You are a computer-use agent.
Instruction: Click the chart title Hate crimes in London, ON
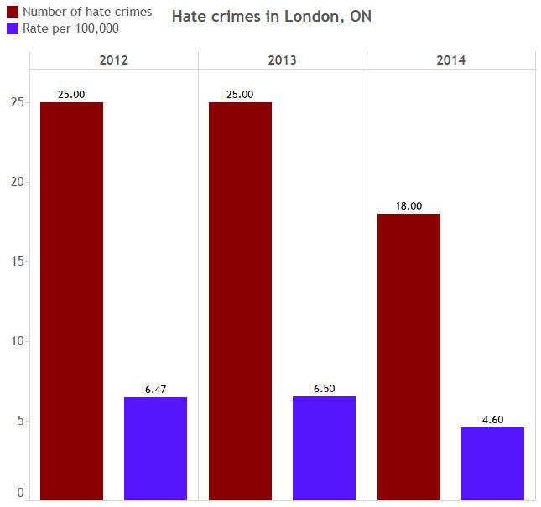pos(271,17)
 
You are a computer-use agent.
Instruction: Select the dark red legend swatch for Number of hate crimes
pos(13,13)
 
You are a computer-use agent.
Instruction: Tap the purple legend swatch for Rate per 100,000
pos(13,28)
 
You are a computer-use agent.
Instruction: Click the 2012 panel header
pos(114,60)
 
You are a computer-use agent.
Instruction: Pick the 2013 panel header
pos(282,60)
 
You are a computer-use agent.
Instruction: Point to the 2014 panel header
pos(450,60)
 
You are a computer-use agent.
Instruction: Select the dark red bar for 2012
pos(71,301)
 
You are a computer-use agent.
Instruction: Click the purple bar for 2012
pos(155,448)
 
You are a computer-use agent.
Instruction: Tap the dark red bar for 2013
pos(240,301)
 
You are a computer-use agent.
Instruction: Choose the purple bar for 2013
pos(324,448)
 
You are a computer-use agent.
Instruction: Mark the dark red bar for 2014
pos(408,356)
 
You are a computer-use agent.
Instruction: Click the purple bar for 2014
pos(492,463)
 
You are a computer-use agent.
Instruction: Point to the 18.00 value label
pos(408,206)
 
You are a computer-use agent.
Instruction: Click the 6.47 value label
pos(155,390)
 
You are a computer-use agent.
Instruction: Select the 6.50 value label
pos(324,389)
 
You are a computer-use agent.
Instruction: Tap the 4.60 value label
pos(492,420)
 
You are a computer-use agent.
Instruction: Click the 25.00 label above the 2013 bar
pos(240,95)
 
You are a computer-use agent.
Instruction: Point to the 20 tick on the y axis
pos(16,183)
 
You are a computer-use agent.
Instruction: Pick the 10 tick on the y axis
pos(16,341)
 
